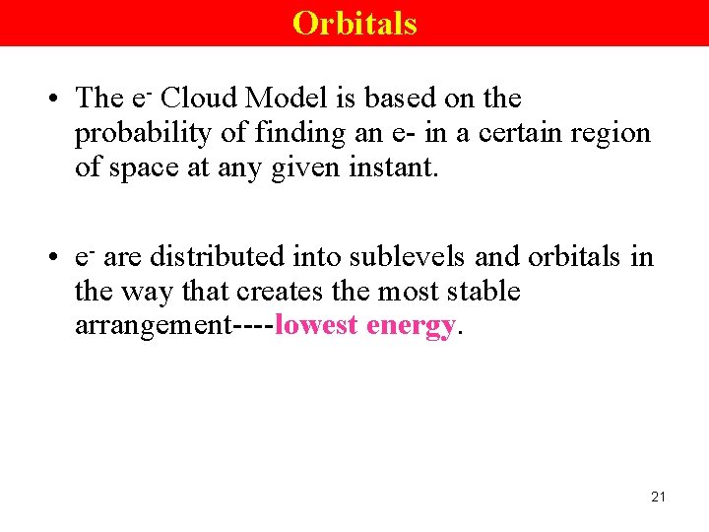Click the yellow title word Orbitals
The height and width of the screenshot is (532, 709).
(354, 23)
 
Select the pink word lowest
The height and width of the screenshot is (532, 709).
(317, 325)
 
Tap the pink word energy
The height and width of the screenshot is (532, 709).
(411, 326)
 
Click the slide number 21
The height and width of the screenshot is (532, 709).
(658, 497)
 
